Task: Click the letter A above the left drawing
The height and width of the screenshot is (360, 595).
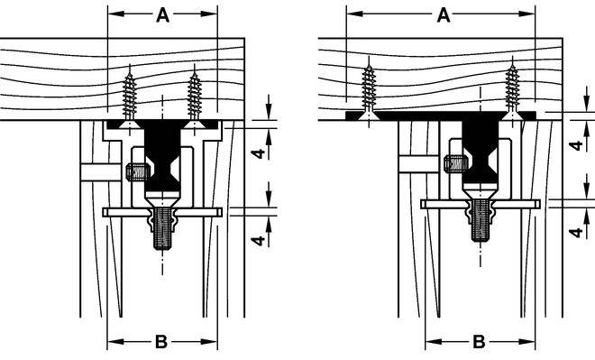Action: coord(163,15)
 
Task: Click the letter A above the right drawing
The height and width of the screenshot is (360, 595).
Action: coord(444,15)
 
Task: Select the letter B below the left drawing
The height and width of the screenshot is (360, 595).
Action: coord(161,342)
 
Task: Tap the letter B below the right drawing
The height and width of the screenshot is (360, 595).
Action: coord(479,342)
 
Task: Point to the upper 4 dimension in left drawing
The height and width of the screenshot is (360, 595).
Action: coord(259,153)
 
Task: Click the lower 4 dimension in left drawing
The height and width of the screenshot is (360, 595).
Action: coord(259,240)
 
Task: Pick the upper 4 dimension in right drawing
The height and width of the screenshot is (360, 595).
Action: coord(577,145)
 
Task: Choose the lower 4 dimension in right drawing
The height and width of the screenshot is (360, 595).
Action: coord(577,232)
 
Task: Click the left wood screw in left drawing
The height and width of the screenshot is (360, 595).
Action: coord(130,97)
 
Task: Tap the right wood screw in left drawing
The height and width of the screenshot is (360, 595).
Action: coord(195,97)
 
